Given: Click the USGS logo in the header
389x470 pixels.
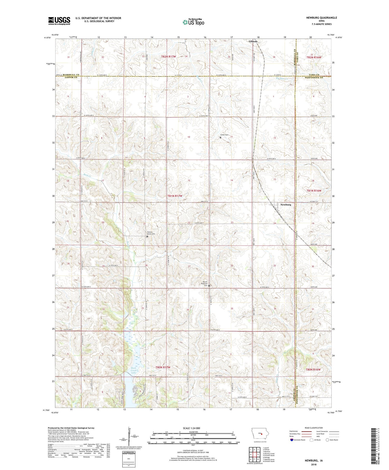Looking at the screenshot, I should (x=59, y=21).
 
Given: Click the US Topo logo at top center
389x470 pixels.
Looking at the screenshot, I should (x=193, y=22).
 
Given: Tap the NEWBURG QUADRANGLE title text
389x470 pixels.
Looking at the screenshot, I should (x=321, y=18).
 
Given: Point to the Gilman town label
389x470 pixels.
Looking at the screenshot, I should (x=253, y=41).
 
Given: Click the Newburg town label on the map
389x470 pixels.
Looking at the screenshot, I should (x=286, y=205).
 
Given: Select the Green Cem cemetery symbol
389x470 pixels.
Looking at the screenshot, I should (x=220, y=138).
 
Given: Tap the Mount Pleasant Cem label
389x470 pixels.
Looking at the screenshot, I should (x=205, y=284).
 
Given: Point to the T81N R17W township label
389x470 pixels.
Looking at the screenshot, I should (x=175, y=196).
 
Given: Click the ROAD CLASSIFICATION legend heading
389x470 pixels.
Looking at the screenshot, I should (x=314, y=428).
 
